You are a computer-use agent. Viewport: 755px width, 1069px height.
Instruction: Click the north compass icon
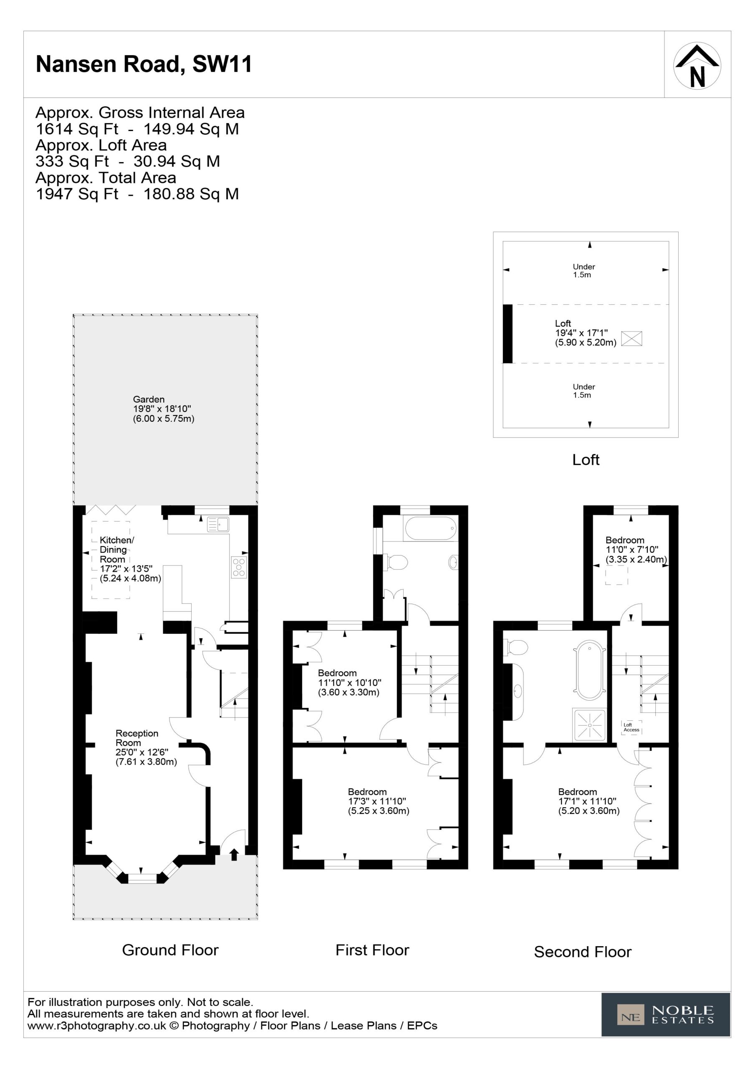(x=697, y=66)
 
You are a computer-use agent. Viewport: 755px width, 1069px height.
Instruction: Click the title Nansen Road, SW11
(x=144, y=64)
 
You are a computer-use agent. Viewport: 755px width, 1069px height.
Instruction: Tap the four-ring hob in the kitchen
(x=239, y=567)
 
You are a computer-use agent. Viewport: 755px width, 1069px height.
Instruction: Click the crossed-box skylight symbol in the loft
(x=631, y=339)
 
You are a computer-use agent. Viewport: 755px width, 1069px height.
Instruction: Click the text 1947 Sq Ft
(x=77, y=194)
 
